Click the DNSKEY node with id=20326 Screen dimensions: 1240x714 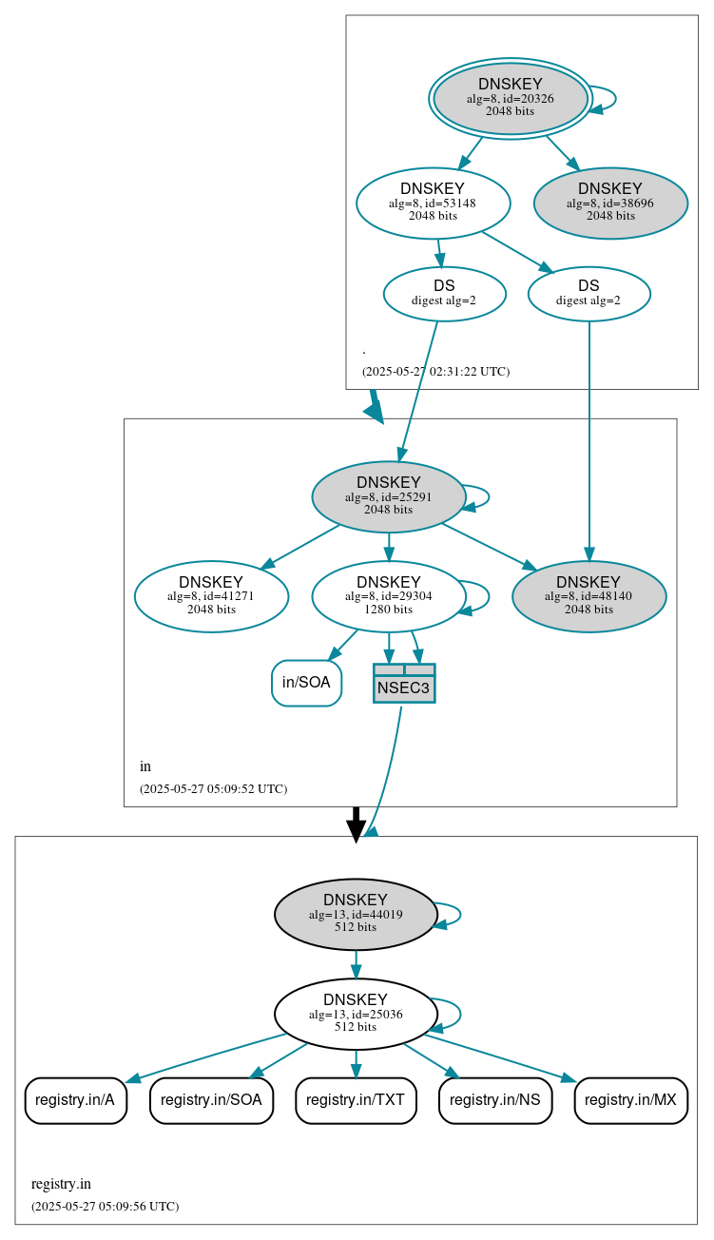click(x=511, y=98)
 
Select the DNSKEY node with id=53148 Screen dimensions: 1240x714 click(x=433, y=203)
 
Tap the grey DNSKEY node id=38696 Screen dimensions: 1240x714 click(x=610, y=203)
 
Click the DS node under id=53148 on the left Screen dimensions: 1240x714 click(x=444, y=294)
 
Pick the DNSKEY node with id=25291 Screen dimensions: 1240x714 click(x=388, y=496)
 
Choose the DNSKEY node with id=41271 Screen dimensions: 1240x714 click(x=211, y=596)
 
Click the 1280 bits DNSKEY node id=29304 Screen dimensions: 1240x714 click(x=388, y=596)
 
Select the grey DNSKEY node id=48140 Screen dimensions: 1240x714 click(x=589, y=596)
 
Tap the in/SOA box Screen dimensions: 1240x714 click(x=306, y=683)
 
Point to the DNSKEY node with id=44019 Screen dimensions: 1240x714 click(x=355, y=914)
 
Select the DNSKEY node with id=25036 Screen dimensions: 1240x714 click(x=355, y=1014)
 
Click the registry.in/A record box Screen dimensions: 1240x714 click(x=75, y=1100)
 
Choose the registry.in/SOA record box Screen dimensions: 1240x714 click(x=211, y=1100)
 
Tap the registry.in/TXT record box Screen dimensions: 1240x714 click(x=356, y=1100)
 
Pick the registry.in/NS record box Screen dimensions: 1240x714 click(x=494, y=1100)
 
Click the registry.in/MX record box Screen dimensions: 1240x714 click(x=630, y=1100)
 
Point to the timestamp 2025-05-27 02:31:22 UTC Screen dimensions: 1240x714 click(x=435, y=372)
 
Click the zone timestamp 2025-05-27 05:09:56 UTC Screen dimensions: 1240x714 click(x=105, y=1207)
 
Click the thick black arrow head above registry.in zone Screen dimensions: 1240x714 click(x=356, y=830)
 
